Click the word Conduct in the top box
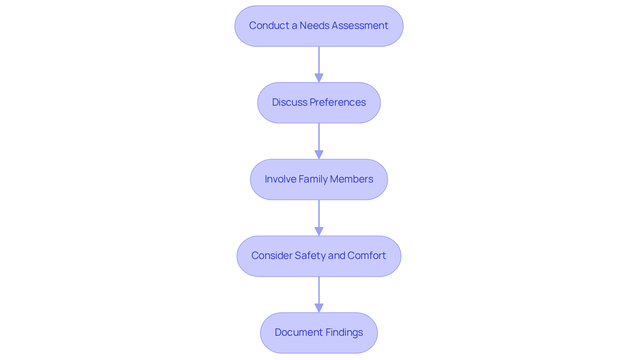269,26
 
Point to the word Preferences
338,102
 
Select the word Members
352,179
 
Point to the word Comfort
367,256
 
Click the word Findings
344,332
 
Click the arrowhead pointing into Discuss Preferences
319,78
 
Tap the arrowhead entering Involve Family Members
319,155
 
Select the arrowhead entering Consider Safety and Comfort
319,232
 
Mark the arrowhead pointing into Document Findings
319,308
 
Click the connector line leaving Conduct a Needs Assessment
319,60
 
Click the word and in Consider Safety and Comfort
337,256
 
